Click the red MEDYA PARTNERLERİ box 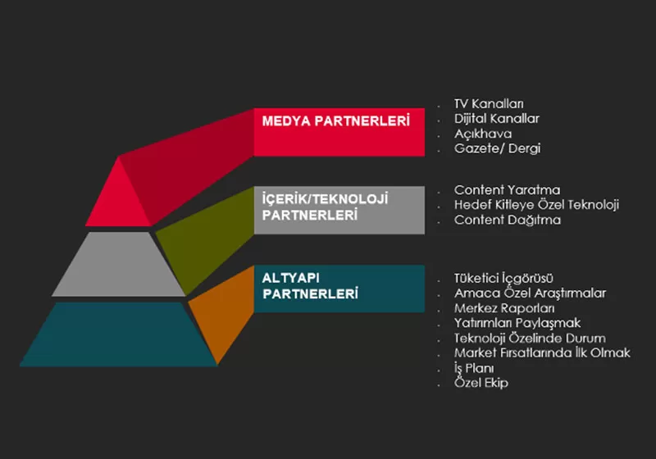point(339,132)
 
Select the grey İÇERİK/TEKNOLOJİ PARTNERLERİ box point(339,210)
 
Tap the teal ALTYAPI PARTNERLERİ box point(339,289)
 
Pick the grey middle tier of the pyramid point(118,264)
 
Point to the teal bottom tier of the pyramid point(118,334)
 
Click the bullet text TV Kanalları point(489,103)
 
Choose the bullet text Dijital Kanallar point(497,119)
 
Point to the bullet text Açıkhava point(483,134)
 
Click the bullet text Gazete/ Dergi point(498,148)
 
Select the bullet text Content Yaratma point(507,190)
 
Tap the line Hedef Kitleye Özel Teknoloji point(536,205)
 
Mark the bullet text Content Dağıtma point(508,220)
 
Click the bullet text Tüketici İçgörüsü point(503,278)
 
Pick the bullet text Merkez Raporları point(504,308)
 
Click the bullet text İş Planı point(474,368)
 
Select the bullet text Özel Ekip point(481,383)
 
